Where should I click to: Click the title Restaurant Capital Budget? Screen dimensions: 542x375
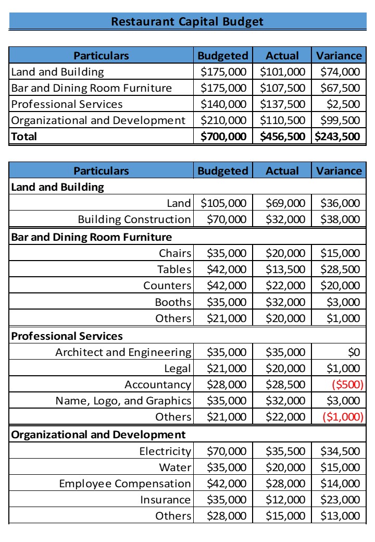coord(187,21)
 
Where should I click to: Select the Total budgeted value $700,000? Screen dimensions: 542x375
coord(223,137)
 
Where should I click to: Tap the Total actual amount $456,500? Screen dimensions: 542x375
coord(282,137)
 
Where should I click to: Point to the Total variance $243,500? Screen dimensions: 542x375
coord(339,137)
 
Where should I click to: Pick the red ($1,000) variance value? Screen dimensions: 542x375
coord(341,417)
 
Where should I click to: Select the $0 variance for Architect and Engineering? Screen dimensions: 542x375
coord(354,352)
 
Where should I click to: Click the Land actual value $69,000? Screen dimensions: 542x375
coord(285,203)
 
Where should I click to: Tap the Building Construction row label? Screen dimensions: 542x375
coord(134,219)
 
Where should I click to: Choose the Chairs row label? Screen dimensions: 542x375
coord(176,253)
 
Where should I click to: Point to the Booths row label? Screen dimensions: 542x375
coord(173,302)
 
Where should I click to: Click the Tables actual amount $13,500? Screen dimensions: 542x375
coord(285,269)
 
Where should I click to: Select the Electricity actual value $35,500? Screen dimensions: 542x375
coord(285,451)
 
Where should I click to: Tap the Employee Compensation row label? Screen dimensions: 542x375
coord(125,484)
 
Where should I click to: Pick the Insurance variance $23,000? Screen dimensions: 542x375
coord(340,500)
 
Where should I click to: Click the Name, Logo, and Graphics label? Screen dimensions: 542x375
coord(123,401)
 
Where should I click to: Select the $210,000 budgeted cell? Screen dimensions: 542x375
coord(223,120)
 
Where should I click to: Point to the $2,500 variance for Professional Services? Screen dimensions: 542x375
coord(343,104)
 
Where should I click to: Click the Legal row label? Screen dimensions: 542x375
coord(178,368)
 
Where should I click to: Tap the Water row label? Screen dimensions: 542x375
coord(176,467)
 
